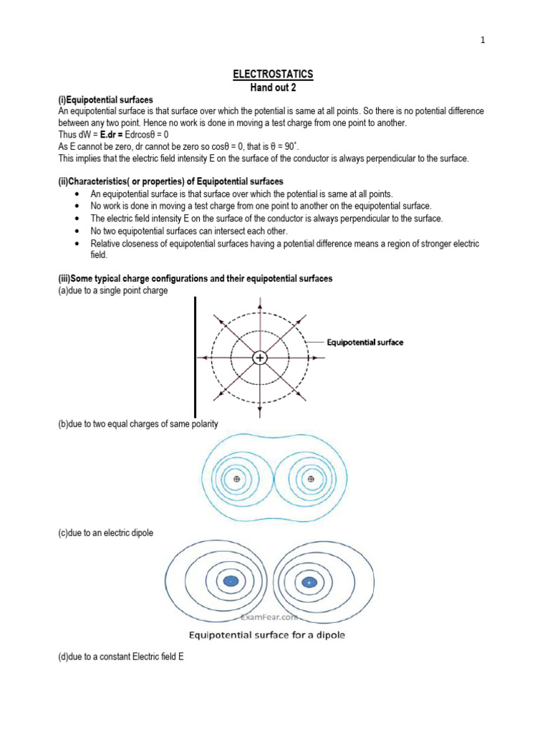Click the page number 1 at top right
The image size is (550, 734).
click(x=483, y=40)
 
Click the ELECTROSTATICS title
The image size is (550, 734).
click(x=274, y=75)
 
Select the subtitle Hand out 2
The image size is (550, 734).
click(x=274, y=87)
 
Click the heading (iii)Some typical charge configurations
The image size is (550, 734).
click(x=195, y=278)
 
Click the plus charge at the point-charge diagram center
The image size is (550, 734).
click(x=259, y=357)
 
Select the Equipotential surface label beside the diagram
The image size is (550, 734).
click(x=365, y=342)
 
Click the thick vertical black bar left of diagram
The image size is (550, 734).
click(x=195, y=347)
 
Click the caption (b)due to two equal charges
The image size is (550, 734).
click(x=137, y=424)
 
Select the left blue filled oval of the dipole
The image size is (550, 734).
click(x=231, y=581)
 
